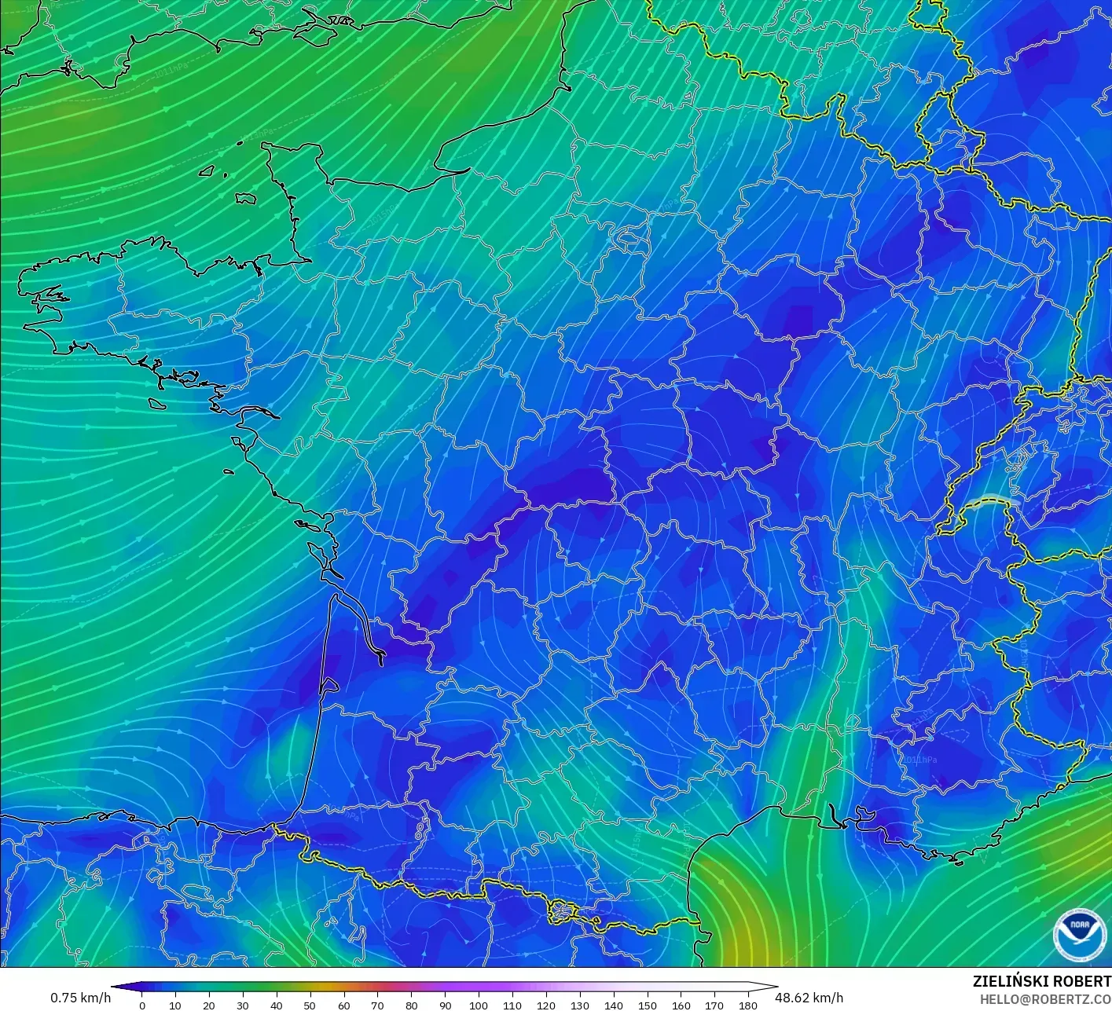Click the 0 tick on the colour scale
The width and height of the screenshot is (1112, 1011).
pos(141,1005)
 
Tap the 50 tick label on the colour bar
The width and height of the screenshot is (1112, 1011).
pos(310,1005)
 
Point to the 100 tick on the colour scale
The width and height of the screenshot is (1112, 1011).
pos(479,1005)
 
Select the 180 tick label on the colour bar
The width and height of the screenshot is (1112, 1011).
pos(748,1005)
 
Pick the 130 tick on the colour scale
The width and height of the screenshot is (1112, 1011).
pos(580,1005)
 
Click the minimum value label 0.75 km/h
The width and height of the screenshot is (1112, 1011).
pos(80,998)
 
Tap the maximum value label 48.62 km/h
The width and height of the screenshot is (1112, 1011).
pos(809,998)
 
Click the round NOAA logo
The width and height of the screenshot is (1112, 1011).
pos(1077,934)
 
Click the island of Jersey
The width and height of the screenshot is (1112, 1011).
pos(246,199)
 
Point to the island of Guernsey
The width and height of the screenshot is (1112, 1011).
pos(208,170)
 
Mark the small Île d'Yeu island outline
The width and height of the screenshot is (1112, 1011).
pos(229,471)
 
